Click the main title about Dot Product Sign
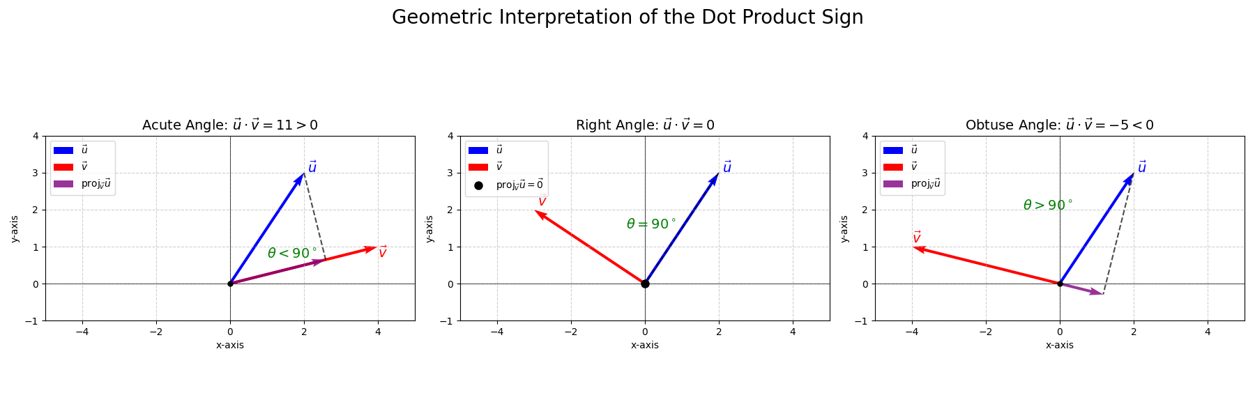(x=627, y=17)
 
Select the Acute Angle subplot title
(x=230, y=125)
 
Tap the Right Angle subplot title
(x=645, y=125)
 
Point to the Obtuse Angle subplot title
(x=1059, y=125)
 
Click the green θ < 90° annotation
(x=292, y=254)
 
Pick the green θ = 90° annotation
(x=651, y=224)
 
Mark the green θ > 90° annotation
(x=1048, y=206)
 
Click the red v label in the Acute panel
(x=382, y=252)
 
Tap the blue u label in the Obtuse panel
(x=1141, y=167)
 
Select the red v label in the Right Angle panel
(x=542, y=201)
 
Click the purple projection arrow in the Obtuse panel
(x=1082, y=289)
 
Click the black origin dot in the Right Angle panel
(x=645, y=284)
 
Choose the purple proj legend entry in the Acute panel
(x=82, y=184)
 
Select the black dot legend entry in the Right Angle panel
(x=506, y=185)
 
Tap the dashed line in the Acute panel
(x=314, y=217)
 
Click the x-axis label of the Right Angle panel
(x=645, y=345)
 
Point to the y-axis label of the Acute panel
(x=15, y=229)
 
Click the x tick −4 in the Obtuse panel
(x=911, y=332)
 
